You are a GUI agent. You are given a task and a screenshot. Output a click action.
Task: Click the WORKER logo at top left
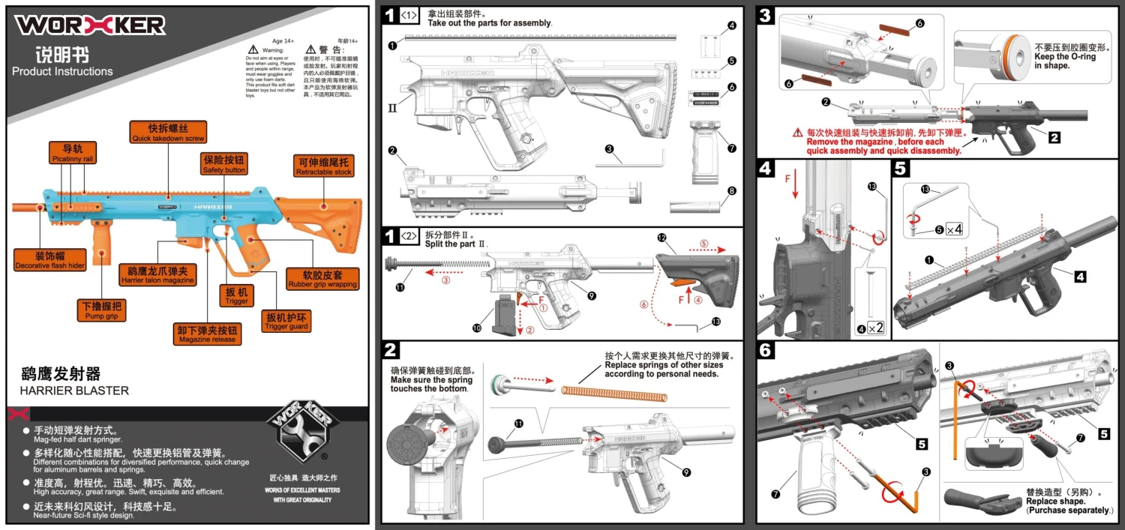pos(90,25)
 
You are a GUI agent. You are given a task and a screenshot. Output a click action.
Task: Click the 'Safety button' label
pos(223,164)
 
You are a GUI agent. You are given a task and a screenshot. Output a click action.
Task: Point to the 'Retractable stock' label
pos(323,166)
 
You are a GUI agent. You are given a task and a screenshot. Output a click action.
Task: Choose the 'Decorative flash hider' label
pos(49,260)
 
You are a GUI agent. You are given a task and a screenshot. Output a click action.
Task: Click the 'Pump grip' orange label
pos(102,310)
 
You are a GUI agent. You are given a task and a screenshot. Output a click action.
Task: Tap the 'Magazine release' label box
pos(208,334)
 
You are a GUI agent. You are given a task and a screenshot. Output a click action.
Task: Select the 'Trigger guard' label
pos(286,322)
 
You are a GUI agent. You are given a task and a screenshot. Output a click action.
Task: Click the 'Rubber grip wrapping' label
pos(322,279)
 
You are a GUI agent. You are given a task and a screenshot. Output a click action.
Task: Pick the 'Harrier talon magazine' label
pos(157,274)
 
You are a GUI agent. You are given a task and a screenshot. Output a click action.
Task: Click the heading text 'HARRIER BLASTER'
pos(74,391)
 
